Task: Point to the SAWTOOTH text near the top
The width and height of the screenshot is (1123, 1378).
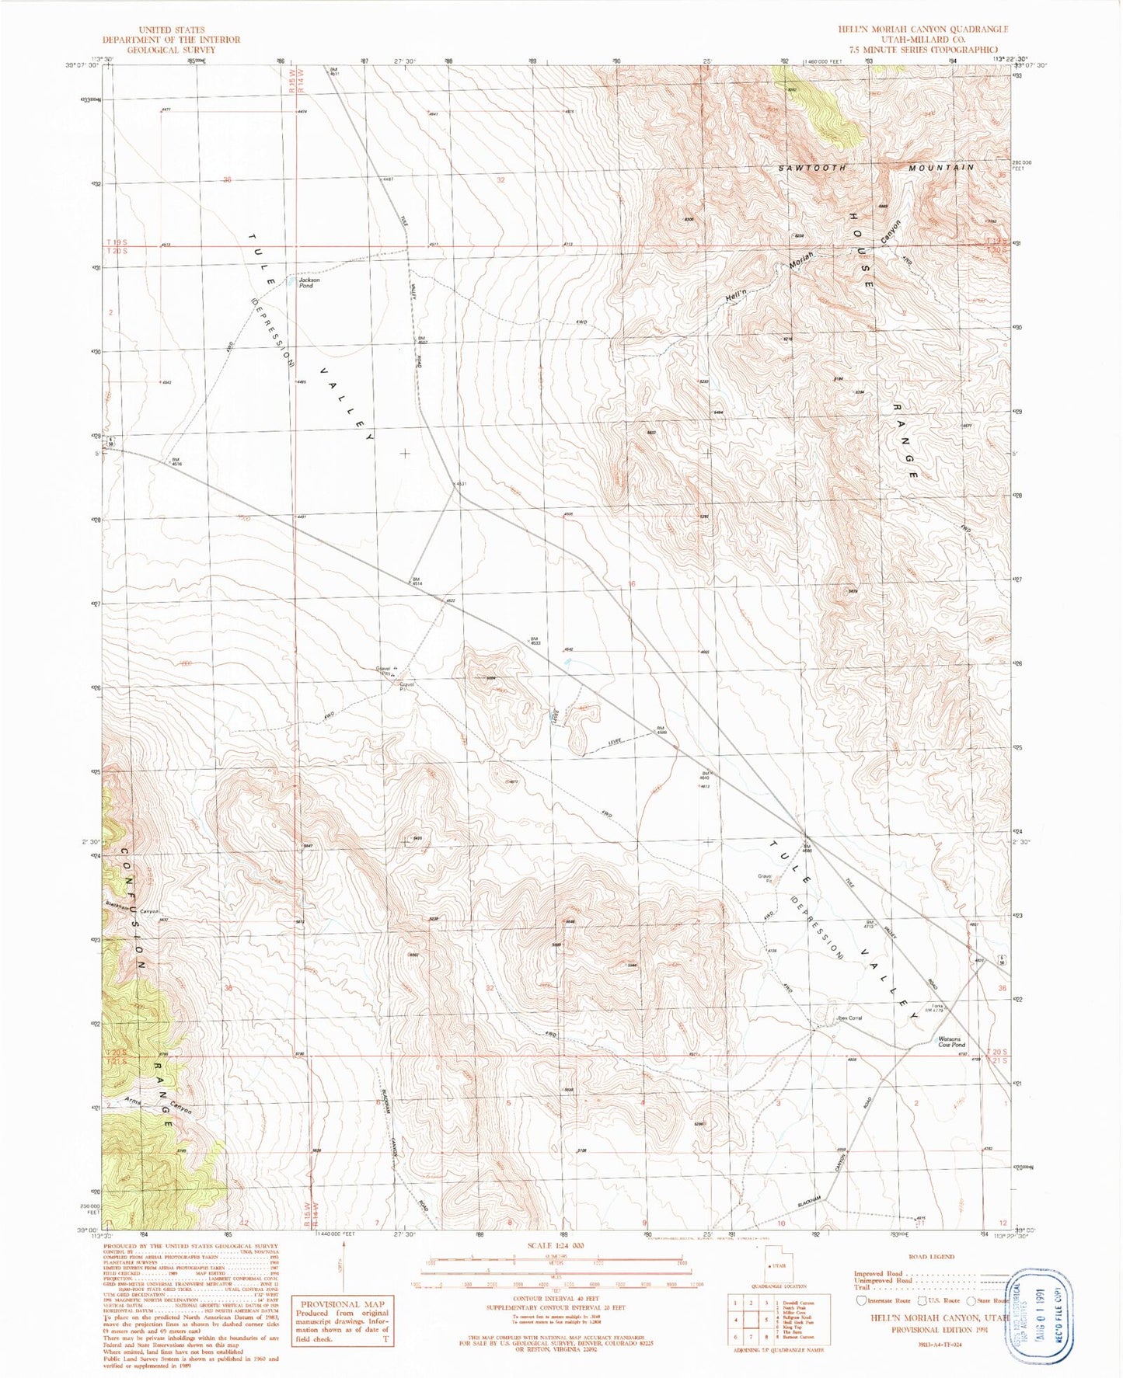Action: coord(812,168)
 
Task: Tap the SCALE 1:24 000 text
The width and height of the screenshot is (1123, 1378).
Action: coord(555,1245)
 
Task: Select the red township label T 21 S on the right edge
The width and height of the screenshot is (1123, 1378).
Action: coord(996,1060)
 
